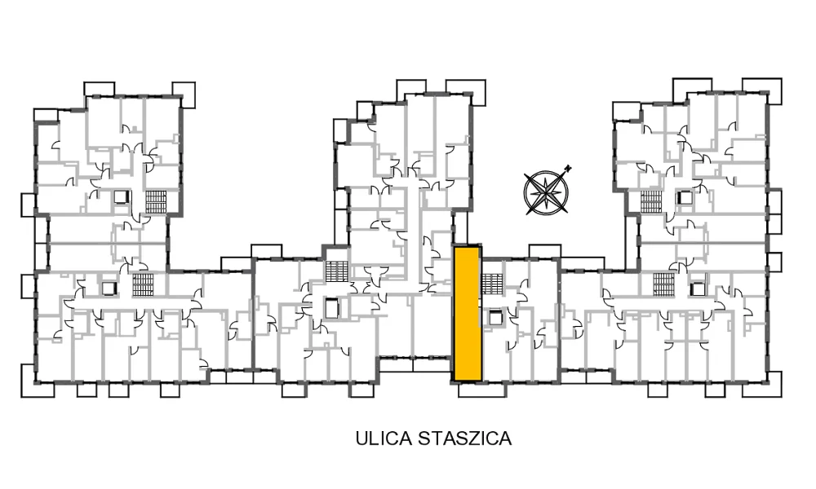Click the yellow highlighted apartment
click(x=468, y=314)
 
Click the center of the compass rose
click(x=545, y=193)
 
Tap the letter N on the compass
click(x=568, y=168)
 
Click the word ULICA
click(x=384, y=438)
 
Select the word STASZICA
click(x=465, y=438)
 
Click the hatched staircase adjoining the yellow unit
click(x=492, y=284)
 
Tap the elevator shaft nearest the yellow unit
click(x=493, y=316)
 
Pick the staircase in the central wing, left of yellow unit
click(x=335, y=271)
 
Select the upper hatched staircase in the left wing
click(x=156, y=202)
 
